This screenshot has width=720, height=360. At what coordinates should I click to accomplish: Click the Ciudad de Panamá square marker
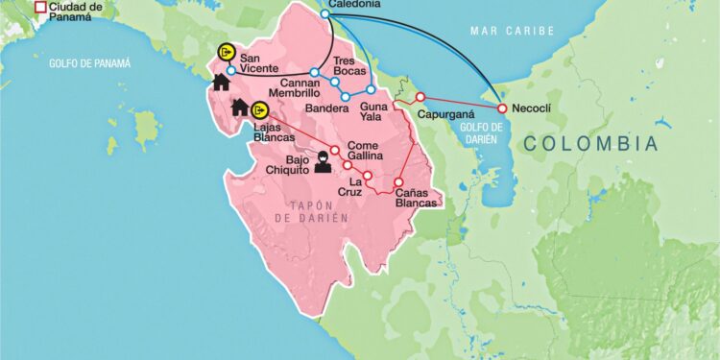tap(40, 9)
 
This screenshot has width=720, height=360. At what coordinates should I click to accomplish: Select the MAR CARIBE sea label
tap(512, 32)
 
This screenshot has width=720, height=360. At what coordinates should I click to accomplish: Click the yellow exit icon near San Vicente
tap(227, 51)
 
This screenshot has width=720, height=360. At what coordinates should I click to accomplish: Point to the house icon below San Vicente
tap(221, 83)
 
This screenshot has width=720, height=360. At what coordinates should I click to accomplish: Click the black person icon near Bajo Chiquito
tap(323, 163)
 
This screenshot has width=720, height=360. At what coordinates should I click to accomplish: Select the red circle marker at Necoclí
tap(501, 108)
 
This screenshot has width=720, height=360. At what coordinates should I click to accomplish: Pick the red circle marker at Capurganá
tap(420, 97)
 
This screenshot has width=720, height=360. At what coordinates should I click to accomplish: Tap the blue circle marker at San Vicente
tap(231, 70)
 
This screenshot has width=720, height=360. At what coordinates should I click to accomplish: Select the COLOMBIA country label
tap(591, 144)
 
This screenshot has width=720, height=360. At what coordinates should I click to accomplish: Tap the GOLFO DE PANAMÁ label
tap(89, 62)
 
